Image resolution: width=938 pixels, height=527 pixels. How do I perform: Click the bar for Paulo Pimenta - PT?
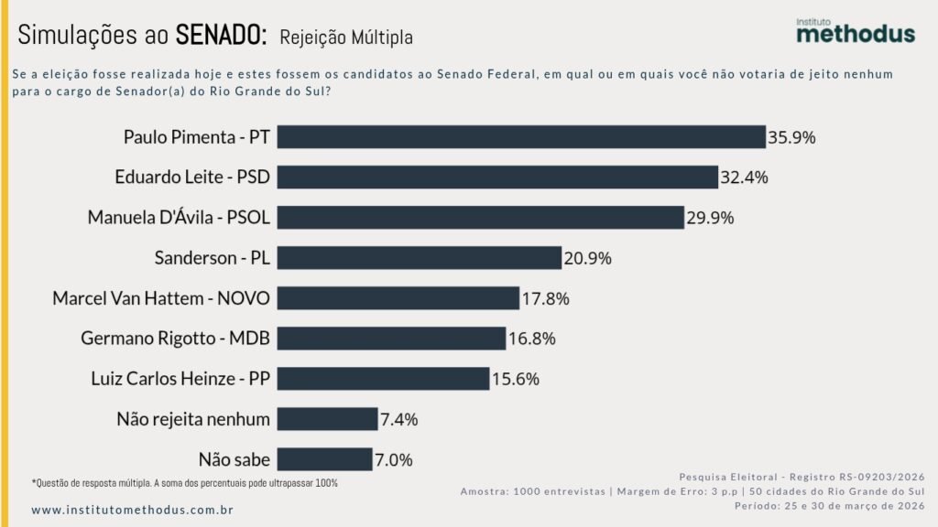coord(520,137)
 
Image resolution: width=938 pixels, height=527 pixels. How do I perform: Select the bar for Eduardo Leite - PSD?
coord(496,177)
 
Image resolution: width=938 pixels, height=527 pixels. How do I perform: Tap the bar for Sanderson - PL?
coord(419,258)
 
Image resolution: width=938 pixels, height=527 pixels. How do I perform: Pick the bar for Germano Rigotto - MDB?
coord(391,339)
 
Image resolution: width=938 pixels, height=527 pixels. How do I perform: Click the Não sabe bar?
coord(324,459)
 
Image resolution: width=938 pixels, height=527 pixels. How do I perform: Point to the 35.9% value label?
coord(792,138)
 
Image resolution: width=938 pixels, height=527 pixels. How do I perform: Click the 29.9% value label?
coord(711,219)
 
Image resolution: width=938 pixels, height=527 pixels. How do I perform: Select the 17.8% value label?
coord(546,299)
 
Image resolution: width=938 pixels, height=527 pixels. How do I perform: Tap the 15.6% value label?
coord(516,379)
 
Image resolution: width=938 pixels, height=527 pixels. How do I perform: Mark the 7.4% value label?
coord(398,420)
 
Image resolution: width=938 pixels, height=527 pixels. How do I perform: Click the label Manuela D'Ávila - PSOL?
coord(179,218)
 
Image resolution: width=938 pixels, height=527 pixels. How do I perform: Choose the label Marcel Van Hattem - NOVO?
coord(161,298)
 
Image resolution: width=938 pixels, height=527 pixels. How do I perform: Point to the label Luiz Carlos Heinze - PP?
coord(180,379)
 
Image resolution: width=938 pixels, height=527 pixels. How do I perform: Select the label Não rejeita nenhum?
coord(193,419)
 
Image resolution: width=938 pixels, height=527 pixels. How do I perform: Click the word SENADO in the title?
coord(221,36)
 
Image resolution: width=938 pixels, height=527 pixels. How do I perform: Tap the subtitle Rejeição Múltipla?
coord(346,38)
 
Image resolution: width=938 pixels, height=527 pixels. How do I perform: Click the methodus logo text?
coord(855,34)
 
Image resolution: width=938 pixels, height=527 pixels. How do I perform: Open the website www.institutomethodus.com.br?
coord(132,509)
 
